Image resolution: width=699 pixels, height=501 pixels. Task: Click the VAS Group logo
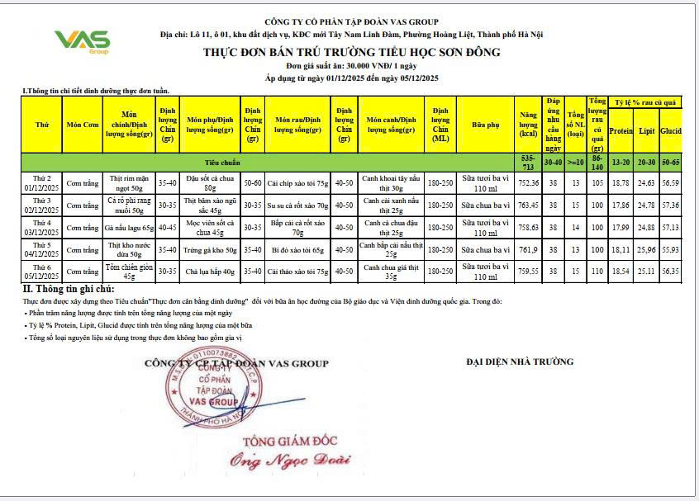(81, 41)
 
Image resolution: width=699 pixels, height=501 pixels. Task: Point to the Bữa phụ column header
(483, 125)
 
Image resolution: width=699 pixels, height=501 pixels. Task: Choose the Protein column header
(621, 130)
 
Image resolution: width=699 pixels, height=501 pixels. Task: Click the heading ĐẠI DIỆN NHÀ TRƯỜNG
(519, 362)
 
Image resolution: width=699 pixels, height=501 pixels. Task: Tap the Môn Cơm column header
(83, 125)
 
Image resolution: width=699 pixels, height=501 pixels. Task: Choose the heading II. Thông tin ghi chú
(68, 289)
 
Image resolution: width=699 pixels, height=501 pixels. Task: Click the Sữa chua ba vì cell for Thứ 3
(483, 204)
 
